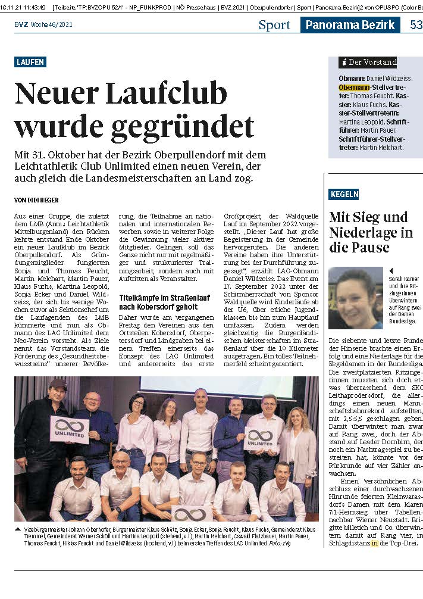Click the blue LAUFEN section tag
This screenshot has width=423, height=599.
point(30,62)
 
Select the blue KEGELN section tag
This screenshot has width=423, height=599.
point(344,194)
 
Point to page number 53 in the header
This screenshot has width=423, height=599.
point(416,25)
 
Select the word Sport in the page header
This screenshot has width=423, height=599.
point(274,25)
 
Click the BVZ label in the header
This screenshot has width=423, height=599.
point(22,25)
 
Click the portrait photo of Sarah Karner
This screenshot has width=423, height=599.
point(355,298)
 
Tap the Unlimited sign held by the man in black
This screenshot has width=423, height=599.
point(70,429)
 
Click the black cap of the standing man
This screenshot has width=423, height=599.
point(58,383)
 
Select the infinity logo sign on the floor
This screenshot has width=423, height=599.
point(192,513)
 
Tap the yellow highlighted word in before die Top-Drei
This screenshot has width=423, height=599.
point(374,543)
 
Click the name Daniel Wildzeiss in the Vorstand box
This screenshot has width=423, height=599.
point(390,78)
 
